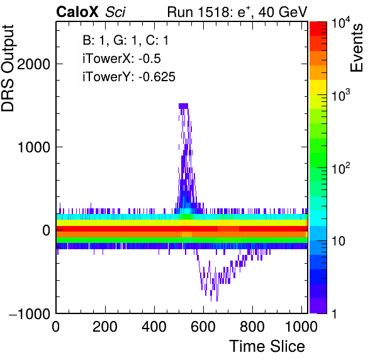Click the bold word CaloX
[x=77, y=12]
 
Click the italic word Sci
[x=115, y=12]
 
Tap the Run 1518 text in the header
[x=198, y=12]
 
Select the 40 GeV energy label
[x=283, y=12]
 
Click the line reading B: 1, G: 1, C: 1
[x=126, y=40]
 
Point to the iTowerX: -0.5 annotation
[x=121, y=59]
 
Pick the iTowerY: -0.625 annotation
[x=129, y=77]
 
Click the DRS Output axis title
[x=8, y=69]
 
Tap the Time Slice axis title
[x=267, y=346]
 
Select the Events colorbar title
[x=356, y=48]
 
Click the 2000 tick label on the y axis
[x=34, y=64]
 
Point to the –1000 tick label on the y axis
[x=30, y=313]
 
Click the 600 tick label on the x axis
[x=203, y=327]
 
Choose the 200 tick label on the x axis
[x=105, y=327]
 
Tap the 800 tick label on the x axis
[x=252, y=327]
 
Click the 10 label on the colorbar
[x=339, y=241]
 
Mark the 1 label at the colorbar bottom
[x=335, y=313]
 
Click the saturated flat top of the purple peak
[x=184, y=106]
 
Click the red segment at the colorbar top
[x=318, y=29]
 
